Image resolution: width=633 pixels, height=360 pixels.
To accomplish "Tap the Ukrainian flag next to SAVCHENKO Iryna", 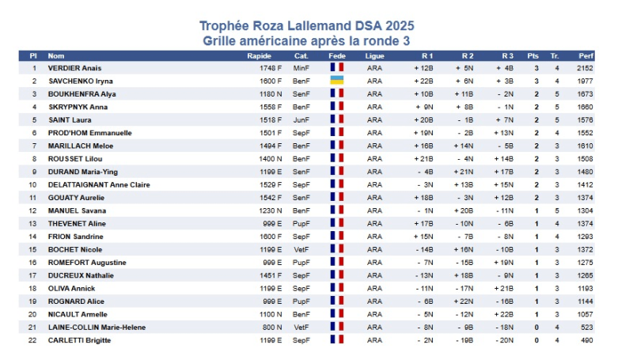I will click(x=336, y=81).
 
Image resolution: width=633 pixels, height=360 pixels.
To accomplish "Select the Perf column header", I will click(x=586, y=56).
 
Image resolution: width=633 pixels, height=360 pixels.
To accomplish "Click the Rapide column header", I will click(x=260, y=56).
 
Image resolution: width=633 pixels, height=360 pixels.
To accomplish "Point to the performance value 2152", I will click(x=586, y=68).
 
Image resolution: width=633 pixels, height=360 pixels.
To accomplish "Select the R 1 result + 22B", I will click(x=423, y=81).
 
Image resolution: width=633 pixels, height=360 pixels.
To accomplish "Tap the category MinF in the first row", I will click(x=301, y=68).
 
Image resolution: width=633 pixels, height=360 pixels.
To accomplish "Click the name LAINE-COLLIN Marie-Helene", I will click(x=97, y=327).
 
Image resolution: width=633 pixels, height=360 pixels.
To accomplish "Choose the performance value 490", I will click(x=588, y=340).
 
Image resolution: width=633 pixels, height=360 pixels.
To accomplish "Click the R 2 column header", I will click(x=468, y=56).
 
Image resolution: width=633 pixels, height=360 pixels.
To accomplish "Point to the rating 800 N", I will click(x=273, y=327).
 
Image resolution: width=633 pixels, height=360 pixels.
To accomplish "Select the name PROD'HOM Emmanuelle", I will click(x=89, y=133).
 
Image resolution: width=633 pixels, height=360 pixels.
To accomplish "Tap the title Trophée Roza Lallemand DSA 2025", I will click(x=306, y=26).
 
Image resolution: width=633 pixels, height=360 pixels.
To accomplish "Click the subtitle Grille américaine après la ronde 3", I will click(x=306, y=40).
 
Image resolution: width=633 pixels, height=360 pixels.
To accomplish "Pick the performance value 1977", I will click(x=586, y=81).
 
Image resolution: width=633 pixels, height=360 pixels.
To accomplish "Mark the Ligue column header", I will click(x=375, y=56).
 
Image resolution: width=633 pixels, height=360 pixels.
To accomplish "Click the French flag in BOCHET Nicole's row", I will click(x=336, y=249).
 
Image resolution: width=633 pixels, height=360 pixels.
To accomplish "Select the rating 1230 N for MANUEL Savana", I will click(x=271, y=210).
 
